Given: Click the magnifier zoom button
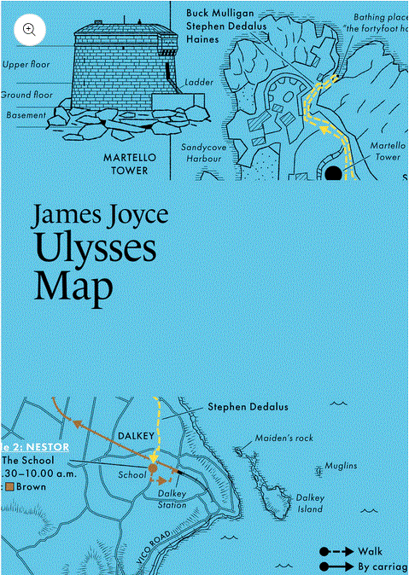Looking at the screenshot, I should pyautogui.click(x=29, y=29).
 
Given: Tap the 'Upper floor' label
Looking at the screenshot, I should pyautogui.click(x=26, y=64).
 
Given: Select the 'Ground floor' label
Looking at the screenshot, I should pyautogui.click(x=26, y=95).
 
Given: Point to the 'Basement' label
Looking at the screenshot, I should pyautogui.click(x=26, y=115).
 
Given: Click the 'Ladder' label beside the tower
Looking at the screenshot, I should pyautogui.click(x=198, y=83).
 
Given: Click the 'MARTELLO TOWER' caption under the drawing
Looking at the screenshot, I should pyautogui.click(x=126, y=164).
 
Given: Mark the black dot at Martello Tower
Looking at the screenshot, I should pyautogui.click(x=333, y=174).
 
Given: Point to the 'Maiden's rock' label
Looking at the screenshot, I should pyautogui.click(x=284, y=439).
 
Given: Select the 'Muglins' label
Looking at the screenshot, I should pyautogui.click(x=341, y=466).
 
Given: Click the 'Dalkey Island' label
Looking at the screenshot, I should pyautogui.click(x=310, y=503).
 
